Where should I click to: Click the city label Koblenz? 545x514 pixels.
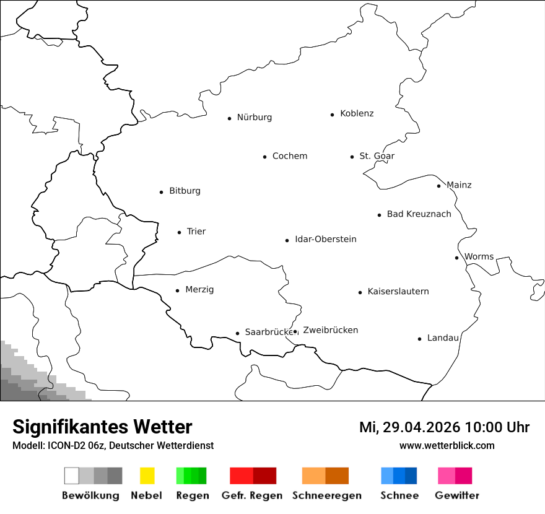[x=357, y=114]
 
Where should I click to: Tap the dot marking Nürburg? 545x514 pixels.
[x=229, y=118]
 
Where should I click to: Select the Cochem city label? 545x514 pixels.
[x=290, y=156]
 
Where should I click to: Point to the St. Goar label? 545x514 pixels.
[x=377, y=156]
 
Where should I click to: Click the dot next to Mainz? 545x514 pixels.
[x=438, y=186]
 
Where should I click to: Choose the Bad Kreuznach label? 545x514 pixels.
[x=419, y=214]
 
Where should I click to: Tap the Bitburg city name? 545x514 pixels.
[x=185, y=191]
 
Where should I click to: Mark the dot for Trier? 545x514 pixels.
[x=179, y=232]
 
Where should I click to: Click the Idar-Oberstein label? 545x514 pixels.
[x=326, y=240]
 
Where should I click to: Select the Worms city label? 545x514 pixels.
[x=479, y=257]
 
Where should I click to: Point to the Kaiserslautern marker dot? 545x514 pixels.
[x=360, y=292]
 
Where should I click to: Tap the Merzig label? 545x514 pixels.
[x=199, y=290]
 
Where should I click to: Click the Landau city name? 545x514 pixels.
[x=443, y=338]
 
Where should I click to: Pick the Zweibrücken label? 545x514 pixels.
[x=331, y=331]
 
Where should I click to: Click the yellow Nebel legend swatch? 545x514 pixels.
[x=147, y=476]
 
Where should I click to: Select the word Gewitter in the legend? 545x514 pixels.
[x=457, y=495]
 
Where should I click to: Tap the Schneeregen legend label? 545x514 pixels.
[x=326, y=495]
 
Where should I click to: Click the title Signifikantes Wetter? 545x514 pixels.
[x=102, y=427]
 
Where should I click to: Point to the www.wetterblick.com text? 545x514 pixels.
[x=447, y=445]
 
